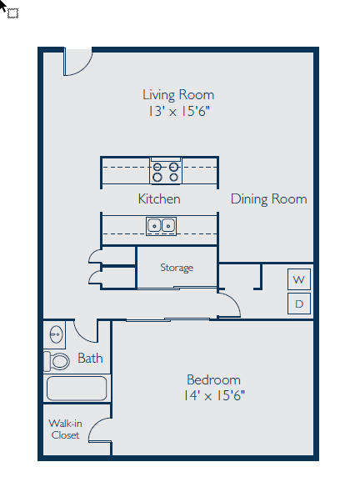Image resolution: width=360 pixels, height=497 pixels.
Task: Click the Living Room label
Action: (x=177, y=94)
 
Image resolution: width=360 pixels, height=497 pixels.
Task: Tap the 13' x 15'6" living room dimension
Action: (x=177, y=111)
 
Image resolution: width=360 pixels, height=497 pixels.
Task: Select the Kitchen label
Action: (x=158, y=199)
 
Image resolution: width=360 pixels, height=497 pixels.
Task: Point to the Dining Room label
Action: (x=268, y=199)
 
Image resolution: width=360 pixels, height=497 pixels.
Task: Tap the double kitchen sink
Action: (x=161, y=224)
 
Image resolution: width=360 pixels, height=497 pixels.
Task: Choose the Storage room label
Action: (x=177, y=268)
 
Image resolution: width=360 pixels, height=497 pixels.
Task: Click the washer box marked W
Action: (x=299, y=279)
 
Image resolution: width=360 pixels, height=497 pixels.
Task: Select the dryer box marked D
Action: (x=299, y=304)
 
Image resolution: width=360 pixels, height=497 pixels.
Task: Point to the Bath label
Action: (x=90, y=359)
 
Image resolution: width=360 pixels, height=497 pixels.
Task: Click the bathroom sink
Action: (x=56, y=334)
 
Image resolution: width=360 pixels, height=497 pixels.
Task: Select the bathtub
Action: (x=76, y=389)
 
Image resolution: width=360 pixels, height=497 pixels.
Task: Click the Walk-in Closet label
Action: (x=65, y=429)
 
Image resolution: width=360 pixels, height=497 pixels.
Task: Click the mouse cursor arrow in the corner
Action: (x=5, y=6)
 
